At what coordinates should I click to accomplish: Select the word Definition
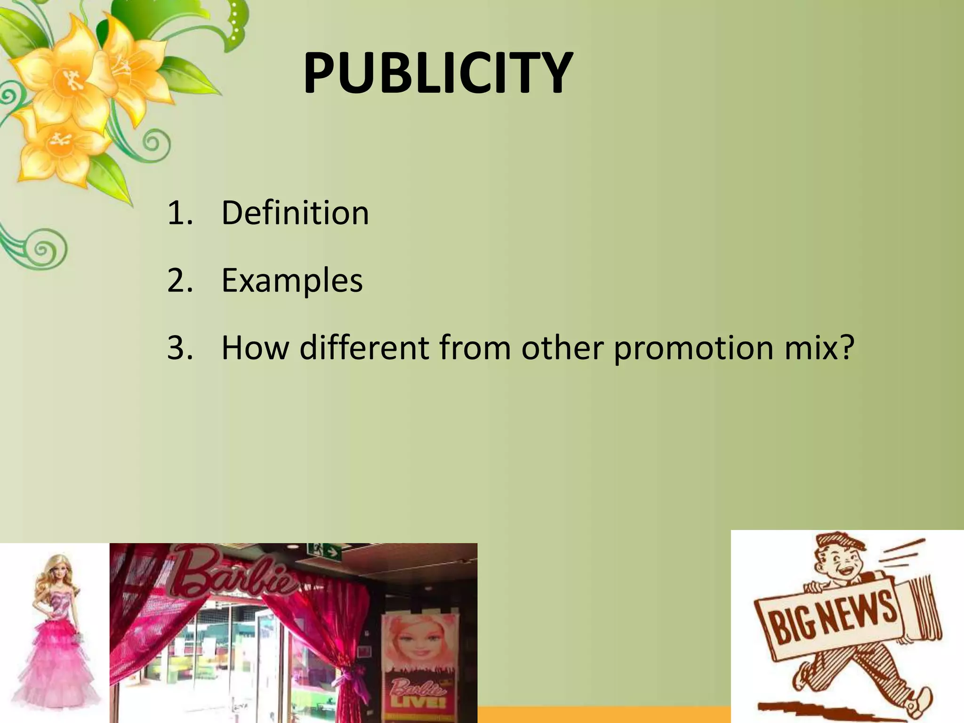point(295,213)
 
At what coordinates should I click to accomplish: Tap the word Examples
point(292,281)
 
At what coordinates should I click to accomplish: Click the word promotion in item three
point(692,348)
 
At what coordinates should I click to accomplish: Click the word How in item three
point(255,348)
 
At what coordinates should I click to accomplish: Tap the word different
point(364,348)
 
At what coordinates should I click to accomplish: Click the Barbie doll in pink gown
point(54,640)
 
